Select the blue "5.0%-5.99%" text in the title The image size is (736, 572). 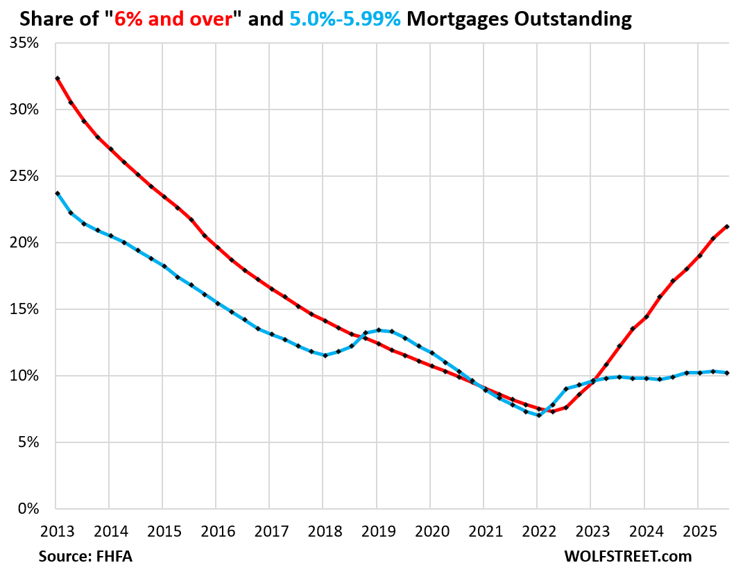(345, 19)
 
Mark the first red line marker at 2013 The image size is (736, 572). (57, 78)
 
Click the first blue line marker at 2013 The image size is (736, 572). (57, 193)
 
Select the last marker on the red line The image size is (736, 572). (726, 227)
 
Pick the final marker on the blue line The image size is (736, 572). (726, 373)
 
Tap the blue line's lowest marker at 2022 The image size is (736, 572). (538, 415)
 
